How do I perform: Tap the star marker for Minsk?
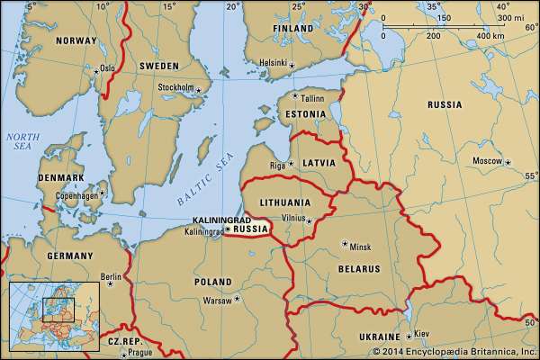point(345,244)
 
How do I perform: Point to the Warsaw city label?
point(217,299)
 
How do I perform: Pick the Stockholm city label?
point(175,87)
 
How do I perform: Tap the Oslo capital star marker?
point(96,69)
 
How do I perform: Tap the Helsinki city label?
point(271,63)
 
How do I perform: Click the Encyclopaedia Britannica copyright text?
point(457,349)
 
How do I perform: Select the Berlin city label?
point(111,277)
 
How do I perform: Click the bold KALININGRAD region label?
point(220,220)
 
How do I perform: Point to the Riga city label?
point(278,165)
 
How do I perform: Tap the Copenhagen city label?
point(75,194)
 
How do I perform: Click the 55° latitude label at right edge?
point(529,177)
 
